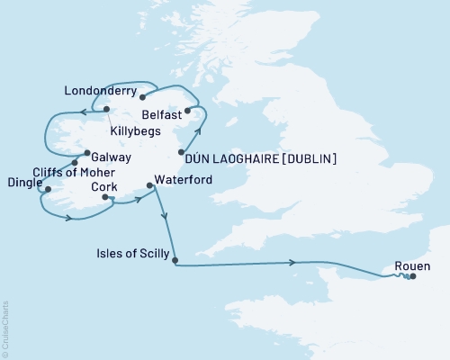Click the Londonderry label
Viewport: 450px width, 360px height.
[x=101, y=92]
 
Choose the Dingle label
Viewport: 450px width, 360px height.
[x=20, y=188]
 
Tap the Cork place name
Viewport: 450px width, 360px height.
[x=106, y=186]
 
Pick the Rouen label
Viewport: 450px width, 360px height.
[x=412, y=266]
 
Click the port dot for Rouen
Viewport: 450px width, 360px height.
[x=412, y=277]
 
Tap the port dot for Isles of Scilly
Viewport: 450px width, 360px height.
[x=175, y=262]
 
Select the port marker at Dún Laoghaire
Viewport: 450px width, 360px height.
[x=182, y=152]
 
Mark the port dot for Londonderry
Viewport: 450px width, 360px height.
[x=142, y=92]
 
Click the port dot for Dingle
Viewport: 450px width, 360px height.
[x=48, y=190]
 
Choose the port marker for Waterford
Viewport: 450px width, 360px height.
[x=149, y=186]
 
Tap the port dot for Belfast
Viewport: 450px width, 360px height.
[x=187, y=112]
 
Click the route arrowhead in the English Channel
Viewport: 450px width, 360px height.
[x=294, y=263]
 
